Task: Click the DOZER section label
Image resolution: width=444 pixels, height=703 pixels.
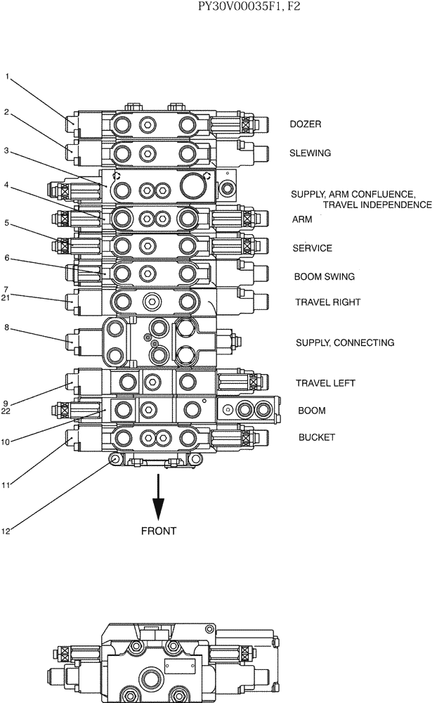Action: tap(306, 124)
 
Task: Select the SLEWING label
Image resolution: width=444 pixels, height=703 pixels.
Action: tap(310, 153)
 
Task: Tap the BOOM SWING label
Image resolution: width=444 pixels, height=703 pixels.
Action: tap(324, 277)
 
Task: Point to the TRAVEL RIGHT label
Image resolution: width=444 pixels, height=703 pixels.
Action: tap(327, 302)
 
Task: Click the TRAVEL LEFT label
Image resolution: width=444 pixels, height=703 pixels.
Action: tap(325, 383)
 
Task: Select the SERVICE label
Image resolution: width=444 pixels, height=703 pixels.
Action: tap(312, 248)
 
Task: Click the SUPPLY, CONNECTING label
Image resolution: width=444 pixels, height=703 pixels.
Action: tap(344, 343)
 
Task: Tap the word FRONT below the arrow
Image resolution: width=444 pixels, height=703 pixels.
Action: tap(159, 531)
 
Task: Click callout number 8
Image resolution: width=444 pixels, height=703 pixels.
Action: tap(6, 327)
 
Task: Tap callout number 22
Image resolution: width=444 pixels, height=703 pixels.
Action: tap(7, 411)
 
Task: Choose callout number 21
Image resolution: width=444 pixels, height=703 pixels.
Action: tap(7, 297)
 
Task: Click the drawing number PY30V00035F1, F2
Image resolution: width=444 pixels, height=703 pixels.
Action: tap(263, 8)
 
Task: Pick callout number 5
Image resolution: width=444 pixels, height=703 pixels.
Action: tap(6, 223)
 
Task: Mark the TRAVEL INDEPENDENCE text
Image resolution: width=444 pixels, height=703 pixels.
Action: tap(377, 205)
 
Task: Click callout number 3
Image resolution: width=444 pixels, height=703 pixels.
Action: tap(6, 150)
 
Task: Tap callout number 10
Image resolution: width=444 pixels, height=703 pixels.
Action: tap(7, 442)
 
